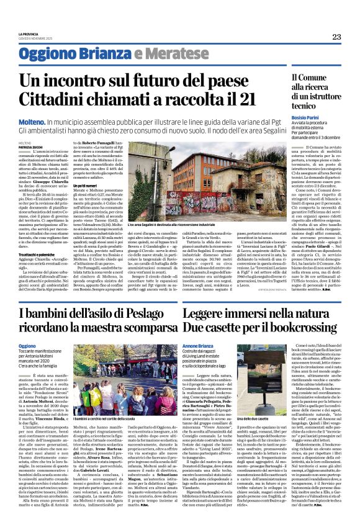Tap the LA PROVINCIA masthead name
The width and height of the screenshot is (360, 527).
coord(29,34)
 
